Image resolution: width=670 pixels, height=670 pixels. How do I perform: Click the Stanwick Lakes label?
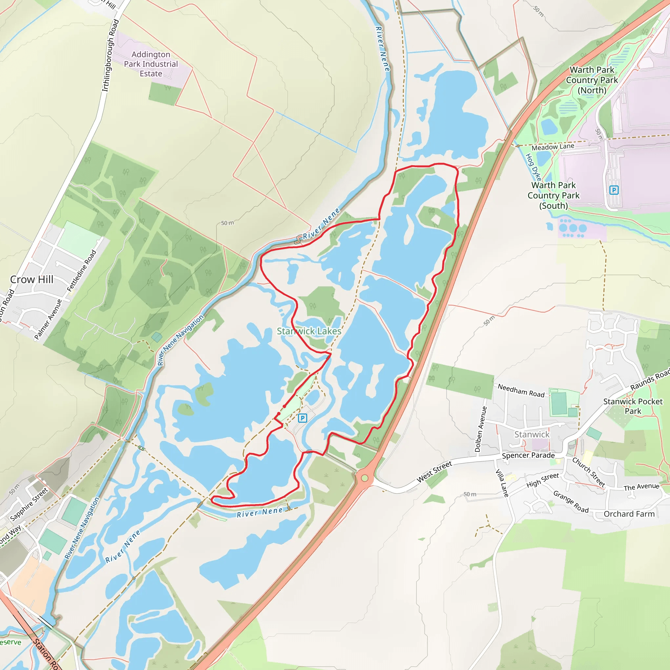(x=309, y=331)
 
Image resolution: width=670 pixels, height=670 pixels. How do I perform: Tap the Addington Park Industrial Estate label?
(x=151, y=64)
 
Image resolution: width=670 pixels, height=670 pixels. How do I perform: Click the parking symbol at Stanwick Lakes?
(x=302, y=418)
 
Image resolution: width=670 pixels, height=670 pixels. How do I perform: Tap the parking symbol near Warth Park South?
(x=614, y=190)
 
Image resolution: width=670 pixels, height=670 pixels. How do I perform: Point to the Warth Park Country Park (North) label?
(x=591, y=80)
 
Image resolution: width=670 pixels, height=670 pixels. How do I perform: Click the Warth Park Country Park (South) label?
(x=554, y=196)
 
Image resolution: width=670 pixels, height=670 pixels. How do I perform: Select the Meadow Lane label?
(x=553, y=147)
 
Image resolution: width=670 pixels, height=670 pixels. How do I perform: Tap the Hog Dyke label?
(x=533, y=167)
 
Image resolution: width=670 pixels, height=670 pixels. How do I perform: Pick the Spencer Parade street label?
(x=528, y=456)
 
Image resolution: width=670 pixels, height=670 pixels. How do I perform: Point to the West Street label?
(x=434, y=472)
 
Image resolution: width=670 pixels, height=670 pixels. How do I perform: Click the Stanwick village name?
(x=532, y=434)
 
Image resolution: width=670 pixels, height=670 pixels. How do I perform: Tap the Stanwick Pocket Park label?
(x=633, y=406)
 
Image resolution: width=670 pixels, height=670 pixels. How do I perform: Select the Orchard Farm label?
(x=629, y=514)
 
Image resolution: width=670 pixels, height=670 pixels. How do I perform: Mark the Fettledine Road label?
(x=81, y=271)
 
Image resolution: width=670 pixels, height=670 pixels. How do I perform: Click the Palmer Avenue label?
(x=48, y=319)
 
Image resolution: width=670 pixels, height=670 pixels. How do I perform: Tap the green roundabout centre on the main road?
(x=364, y=478)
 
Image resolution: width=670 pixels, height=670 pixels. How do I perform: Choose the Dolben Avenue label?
(x=480, y=429)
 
